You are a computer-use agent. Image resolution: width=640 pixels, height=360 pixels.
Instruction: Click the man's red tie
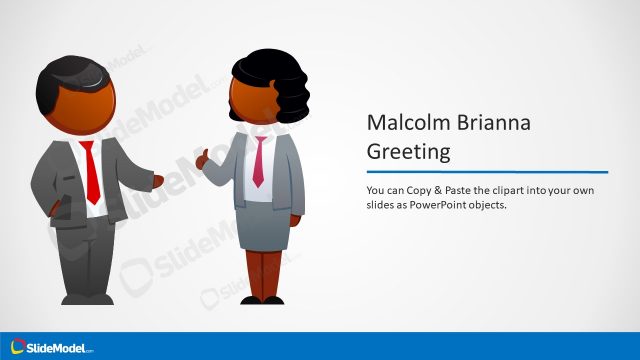coord(91,171)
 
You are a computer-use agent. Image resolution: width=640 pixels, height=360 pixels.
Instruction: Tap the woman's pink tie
coord(258,160)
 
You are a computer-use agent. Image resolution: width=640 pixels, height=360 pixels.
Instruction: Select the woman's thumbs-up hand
coord(204,159)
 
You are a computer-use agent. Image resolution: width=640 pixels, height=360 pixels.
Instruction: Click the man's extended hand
coord(157,180)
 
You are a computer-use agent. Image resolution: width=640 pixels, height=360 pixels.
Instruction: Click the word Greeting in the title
coord(408,152)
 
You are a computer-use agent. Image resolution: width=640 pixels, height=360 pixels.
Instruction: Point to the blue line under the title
coord(487,172)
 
